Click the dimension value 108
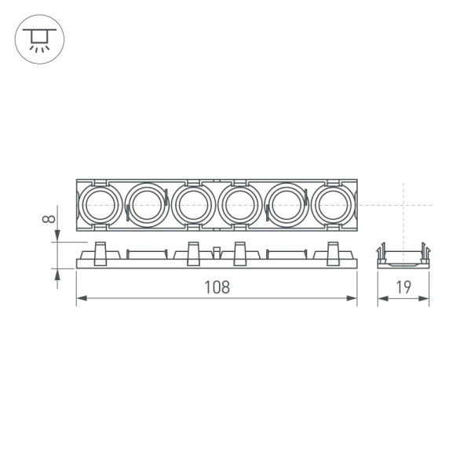[x=217, y=287]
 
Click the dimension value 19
[x=403, y=287]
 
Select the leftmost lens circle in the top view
[x=99, y=206]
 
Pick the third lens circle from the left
[x=192, y=206]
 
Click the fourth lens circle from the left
[x=239, y=206]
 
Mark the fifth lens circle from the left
[x=286, y=206]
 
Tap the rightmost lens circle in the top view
[x=332, y=206]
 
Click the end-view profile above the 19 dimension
[x=403, y=256]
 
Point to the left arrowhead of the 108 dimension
[x=80, y=298]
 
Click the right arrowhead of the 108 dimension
[x=353, y=298]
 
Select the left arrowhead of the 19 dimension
[x=381, y=298]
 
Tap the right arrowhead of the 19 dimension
[x=426, y=298]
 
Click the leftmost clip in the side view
[x=100, y=254]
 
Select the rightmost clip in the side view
[x=333, y=254]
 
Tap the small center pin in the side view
[x=216, y=252]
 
